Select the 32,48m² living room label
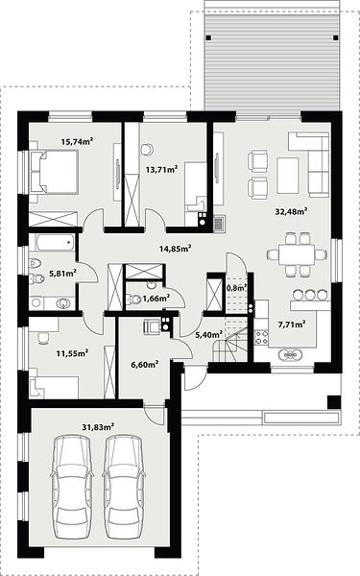point(291,211)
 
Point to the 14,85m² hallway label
point(175,249)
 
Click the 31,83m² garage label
point(98,427)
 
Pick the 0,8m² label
point(237,288)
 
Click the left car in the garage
point(72,488)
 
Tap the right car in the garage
point(124,488)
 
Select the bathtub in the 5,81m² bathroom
point(55,243)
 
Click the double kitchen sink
point(291,355)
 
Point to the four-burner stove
point(261,337)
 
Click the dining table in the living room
point(297,254)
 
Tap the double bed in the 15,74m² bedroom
point(54,172)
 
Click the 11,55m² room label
point(72,353)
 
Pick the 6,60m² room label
point(145,365)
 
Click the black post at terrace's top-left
point(208,37)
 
